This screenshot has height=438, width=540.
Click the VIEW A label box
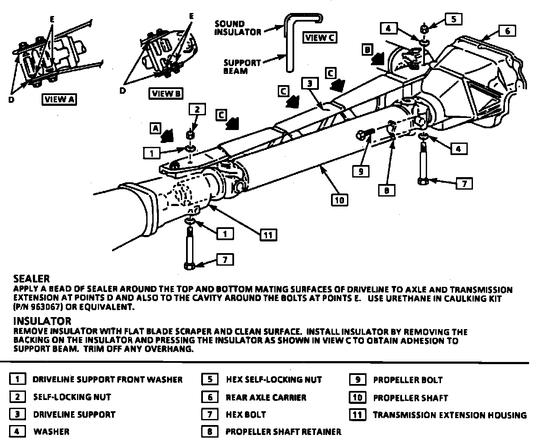(59, 99)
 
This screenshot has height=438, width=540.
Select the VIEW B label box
(167, 93)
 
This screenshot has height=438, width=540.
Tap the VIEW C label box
(320, 38)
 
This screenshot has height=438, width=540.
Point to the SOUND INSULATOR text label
(238, 28)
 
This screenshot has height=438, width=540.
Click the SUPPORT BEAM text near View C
(242, 66)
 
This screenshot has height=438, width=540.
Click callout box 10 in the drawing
(340, 200)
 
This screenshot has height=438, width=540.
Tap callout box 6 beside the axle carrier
(508, 31)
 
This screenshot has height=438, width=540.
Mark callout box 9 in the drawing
(360, 171)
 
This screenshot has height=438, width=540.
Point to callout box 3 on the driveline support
(310, 83)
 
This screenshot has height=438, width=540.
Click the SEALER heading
(32, 279)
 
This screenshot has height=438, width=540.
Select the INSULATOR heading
(42, 321)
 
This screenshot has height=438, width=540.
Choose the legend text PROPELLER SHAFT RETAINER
(283, 432)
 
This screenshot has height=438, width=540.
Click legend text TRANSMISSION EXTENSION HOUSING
(450, 415)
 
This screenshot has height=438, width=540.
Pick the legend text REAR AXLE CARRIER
(266, 397)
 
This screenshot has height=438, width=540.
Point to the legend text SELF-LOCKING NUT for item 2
(72, 397)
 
